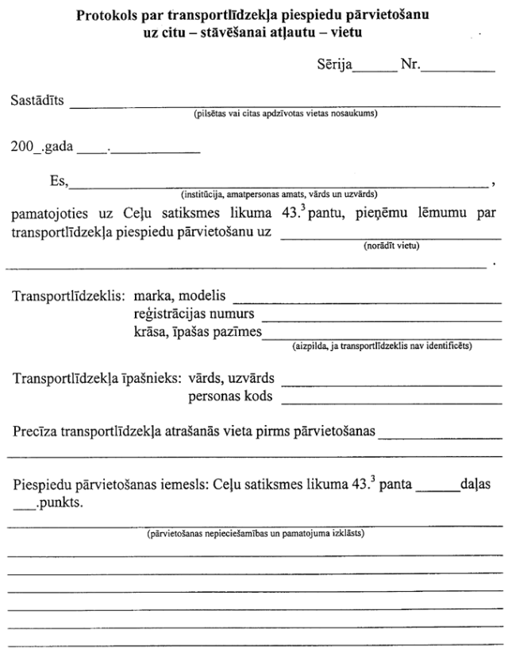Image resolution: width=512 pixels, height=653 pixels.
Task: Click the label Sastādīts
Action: [x=38, y=102]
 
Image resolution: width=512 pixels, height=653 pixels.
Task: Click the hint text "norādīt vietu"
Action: [x=391, y=245]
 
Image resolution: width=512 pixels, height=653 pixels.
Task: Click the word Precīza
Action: [x=33, y=433]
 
